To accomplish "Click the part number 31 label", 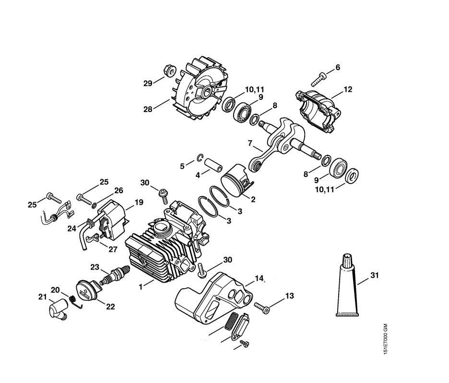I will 375,275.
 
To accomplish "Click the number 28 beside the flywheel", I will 147,109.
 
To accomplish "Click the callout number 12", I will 348,89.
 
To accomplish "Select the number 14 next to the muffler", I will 260,278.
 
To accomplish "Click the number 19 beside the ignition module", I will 139,202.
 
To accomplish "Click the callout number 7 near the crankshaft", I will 249,143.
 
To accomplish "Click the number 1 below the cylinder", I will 141,286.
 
